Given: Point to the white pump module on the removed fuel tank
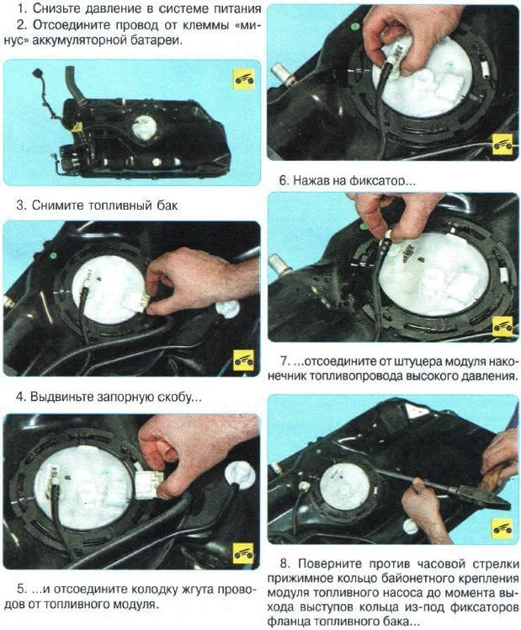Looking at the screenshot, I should pos(143,128).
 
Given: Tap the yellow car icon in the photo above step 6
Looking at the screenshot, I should pos(502,142).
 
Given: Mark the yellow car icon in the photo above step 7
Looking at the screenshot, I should pos(502,327).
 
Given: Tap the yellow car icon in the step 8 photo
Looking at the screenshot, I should pos(502,528).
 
